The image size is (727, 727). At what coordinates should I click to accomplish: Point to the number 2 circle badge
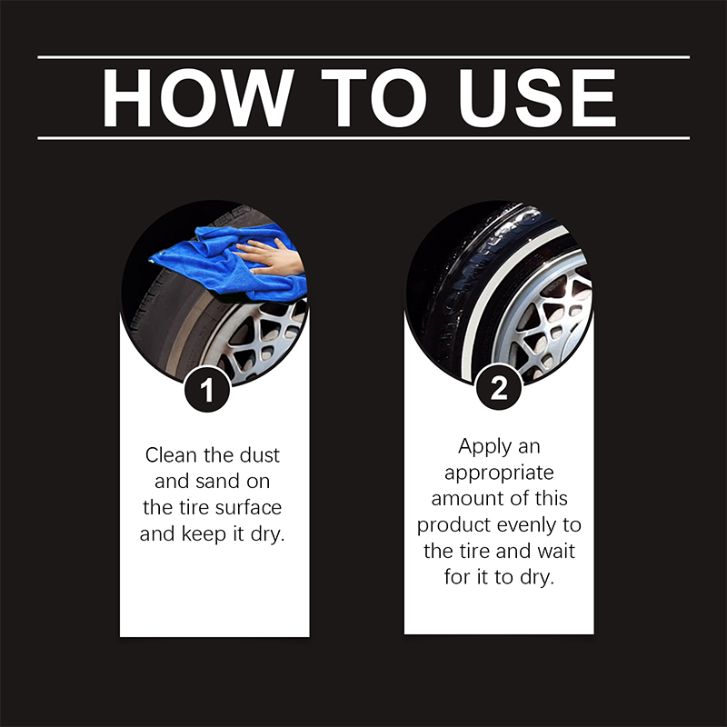[x=498, y=389]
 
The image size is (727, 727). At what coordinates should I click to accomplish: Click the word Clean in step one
[x=172, y=454]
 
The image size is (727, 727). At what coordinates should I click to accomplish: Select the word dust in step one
[x=261, y=454]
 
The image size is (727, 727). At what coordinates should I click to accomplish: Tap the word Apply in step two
[x=485, y=446]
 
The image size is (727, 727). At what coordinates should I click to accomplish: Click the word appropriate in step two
[x=498, y=473]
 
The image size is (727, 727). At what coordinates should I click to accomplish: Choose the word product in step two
[x=454, y=525]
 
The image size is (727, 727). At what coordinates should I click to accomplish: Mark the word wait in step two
[x=555, y=552]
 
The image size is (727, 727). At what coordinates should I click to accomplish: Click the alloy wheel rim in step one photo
[x=259, y=341]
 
